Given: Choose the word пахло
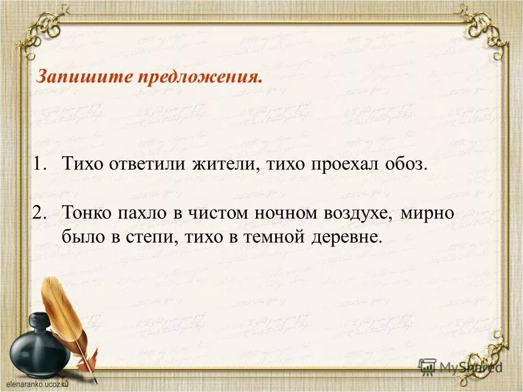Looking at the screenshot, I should [142, 213].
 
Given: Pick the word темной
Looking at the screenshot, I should [271, 237].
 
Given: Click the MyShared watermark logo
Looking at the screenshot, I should [460, 366].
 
